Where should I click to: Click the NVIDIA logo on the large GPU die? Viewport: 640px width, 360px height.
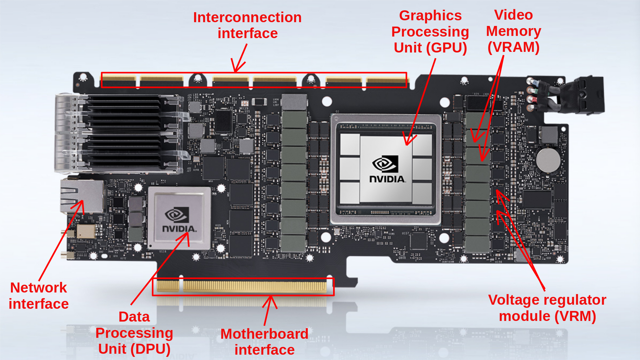click(386, 169)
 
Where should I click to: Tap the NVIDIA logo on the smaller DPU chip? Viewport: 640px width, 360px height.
click(179, 220)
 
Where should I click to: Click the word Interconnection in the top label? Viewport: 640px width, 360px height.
click(247, 17)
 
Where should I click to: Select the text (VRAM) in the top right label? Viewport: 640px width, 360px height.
click(513, 47)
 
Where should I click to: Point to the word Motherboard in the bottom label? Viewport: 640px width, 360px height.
click(264, 334)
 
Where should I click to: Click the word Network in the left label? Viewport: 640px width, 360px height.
click(38, 288)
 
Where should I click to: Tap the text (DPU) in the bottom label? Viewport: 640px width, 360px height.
click(150, 349)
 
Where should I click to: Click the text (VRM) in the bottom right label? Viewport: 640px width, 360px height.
click(575, 316)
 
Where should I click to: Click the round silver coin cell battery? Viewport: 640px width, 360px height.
click(548, 160)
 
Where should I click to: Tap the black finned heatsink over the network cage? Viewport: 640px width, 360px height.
click(125, 133)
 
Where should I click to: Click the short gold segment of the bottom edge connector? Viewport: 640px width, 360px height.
click(168, 286)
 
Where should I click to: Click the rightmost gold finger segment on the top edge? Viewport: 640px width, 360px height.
click(386, 80)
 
